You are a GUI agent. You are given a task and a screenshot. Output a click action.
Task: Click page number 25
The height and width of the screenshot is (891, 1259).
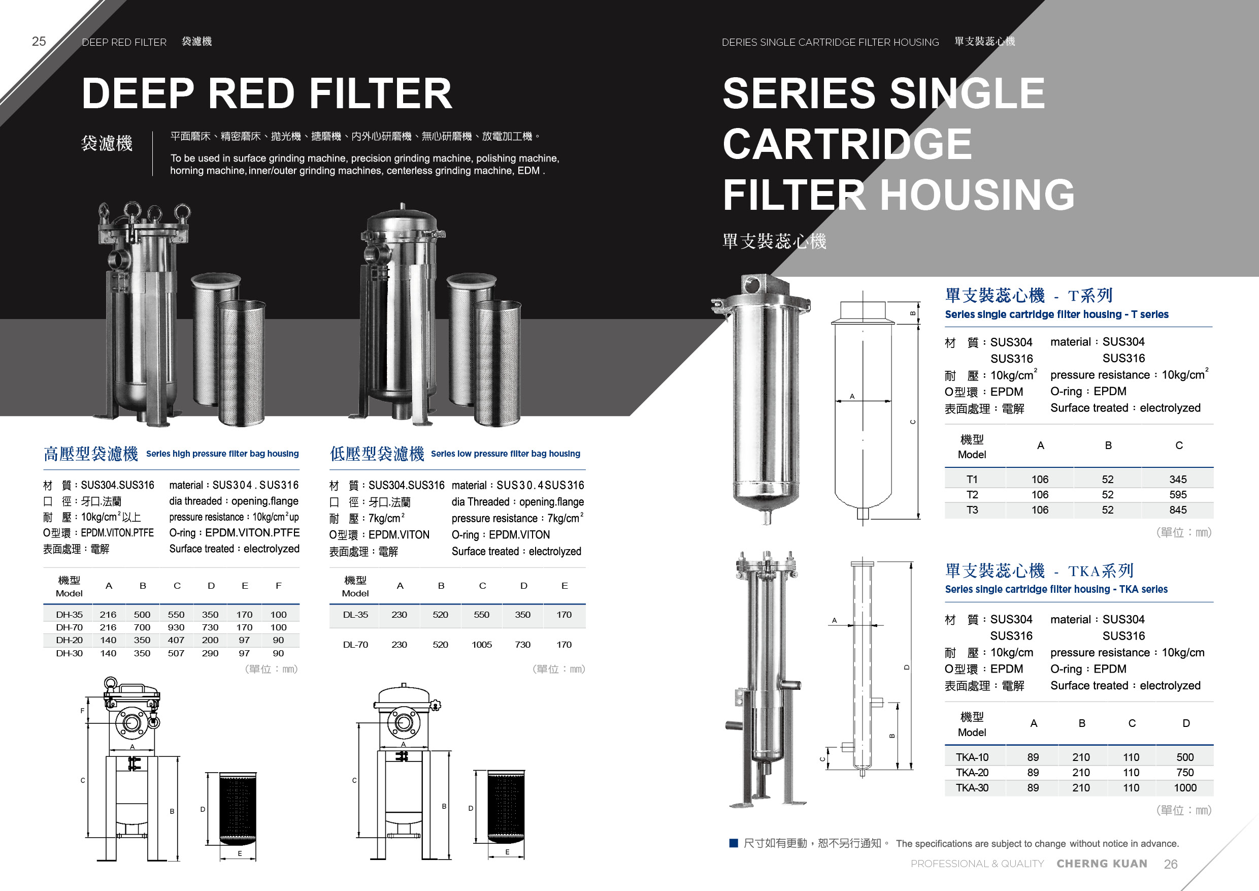point(39,42)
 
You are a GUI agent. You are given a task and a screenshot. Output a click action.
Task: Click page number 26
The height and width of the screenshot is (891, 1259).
point(1170,864)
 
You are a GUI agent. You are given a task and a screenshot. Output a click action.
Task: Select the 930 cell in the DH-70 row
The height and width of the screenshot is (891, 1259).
point(176,627)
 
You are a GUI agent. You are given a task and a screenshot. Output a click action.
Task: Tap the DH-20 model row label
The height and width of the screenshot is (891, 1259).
point(69,640)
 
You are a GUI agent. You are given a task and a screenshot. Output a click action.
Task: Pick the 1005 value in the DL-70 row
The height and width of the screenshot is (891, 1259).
point(481,645)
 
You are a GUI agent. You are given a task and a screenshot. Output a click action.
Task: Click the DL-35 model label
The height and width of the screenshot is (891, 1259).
point(355,615)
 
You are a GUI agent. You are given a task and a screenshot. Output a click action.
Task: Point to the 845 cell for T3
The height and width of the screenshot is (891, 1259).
point(1178,510)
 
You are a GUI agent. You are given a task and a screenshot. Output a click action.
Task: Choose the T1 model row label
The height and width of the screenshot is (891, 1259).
point(972,479)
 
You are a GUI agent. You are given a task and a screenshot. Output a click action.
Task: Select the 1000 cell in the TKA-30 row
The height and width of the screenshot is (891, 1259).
point(1185,788)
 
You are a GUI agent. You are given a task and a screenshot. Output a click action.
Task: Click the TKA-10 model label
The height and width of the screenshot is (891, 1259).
point(972,757)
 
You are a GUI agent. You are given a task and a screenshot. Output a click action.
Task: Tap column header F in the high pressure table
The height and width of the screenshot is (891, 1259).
point(279,586)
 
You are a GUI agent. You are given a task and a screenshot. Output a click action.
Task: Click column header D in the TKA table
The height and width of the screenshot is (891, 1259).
point(1185,723)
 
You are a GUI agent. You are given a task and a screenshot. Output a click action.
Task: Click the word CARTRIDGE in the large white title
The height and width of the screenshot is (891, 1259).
point(847,144)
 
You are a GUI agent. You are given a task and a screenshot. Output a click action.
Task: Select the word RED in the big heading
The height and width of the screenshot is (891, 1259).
point(252,93)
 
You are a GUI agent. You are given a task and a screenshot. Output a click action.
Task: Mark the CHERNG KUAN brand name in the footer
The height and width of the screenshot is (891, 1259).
point(1102,864)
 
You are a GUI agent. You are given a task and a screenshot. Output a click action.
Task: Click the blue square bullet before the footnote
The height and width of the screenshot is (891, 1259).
point(734,843)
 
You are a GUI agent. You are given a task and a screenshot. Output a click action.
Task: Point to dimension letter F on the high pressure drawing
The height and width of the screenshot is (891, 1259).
point(83,711)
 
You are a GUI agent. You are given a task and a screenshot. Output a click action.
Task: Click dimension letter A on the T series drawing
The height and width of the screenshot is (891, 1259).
point(852,396)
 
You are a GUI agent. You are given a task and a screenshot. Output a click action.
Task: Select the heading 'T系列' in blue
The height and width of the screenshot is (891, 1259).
point(1090,296)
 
